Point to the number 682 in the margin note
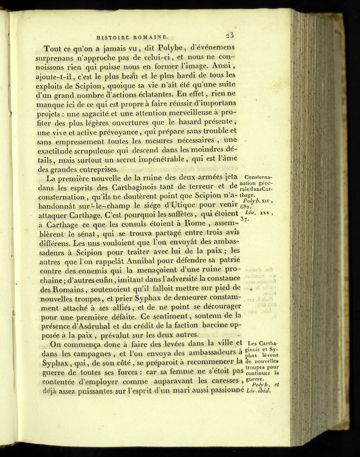(x=248, y=207)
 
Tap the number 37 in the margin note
(x=247, y=220)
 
